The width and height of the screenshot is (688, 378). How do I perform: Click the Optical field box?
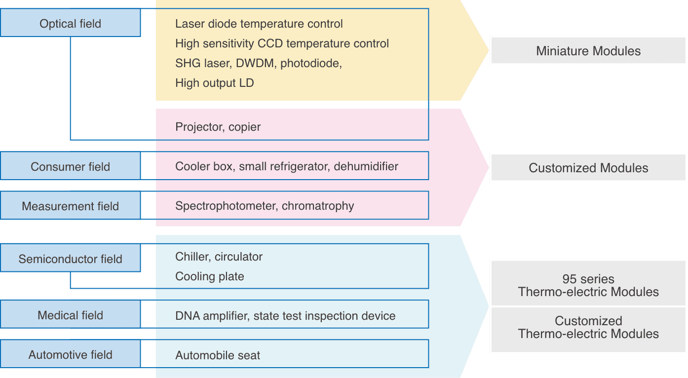pos(70,24)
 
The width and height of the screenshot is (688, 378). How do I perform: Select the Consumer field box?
pos(70,167)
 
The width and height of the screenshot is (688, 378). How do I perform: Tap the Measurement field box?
pos(70,206)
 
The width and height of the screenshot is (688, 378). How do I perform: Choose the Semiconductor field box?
pos(70,259)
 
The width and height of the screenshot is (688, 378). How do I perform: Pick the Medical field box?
pos(70,315)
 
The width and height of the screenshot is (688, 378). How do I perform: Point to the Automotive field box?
pos(70,355)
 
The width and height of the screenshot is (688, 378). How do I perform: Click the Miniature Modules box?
pos(588,51)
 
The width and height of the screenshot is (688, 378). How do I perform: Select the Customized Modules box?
pos(588,168)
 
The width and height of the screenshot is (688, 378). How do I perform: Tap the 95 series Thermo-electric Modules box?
pos(588,285)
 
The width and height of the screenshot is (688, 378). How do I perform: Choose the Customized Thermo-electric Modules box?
pos(588,328)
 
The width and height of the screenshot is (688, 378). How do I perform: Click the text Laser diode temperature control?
pos(259,24)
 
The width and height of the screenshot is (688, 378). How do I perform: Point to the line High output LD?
pos(214,83)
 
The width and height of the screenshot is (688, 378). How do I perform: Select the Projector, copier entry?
pos(218,127)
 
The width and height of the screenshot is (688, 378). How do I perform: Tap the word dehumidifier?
pos(366,166)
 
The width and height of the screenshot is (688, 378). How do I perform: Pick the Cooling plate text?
pos(209,276)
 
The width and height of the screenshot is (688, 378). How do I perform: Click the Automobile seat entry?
pos(217,355)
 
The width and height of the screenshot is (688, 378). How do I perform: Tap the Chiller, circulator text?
pos(219,257)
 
